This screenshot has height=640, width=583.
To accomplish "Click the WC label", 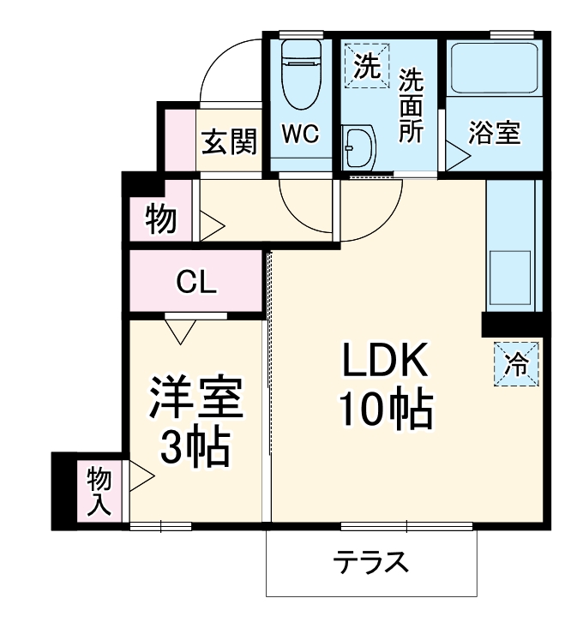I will pos(299,135).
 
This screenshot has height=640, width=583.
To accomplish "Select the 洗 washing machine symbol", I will pos(367,66).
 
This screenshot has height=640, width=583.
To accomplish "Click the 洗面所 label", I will pos(412,105).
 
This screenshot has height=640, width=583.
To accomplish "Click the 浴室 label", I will pos(494,135).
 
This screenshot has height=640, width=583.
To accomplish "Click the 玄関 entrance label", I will pos(229,141).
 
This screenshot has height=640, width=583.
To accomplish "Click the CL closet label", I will pos(195,282).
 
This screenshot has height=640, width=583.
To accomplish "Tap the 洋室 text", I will pos(196,398).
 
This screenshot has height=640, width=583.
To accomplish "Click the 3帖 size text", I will pos(196,446).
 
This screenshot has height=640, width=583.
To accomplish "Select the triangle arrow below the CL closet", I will pos(180,330).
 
